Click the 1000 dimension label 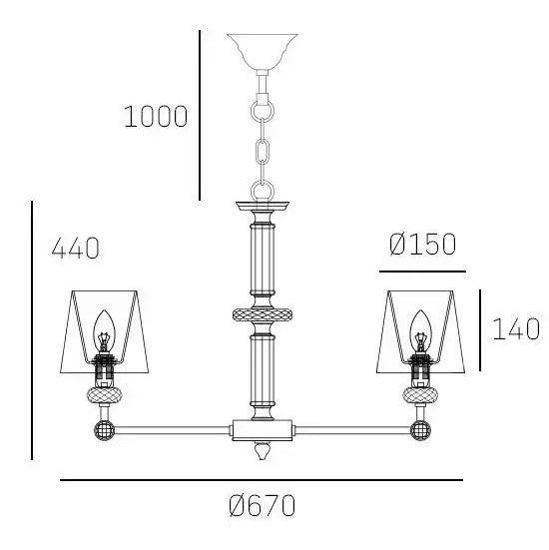[155, 117]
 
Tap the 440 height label [75, 248]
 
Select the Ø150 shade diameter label [422, 245]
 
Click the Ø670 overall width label [262, 505]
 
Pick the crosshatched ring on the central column [263, 315]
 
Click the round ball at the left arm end [102, 431]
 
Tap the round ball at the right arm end [422, 431]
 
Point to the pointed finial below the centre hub [263, 451]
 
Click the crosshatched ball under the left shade [103, 396]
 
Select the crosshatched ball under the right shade [421, 396]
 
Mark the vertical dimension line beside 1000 [200, 115]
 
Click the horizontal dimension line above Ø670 [262, 480]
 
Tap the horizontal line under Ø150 [422, 271]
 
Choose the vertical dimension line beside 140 [480, 329]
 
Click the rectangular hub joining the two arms [263, 430]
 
